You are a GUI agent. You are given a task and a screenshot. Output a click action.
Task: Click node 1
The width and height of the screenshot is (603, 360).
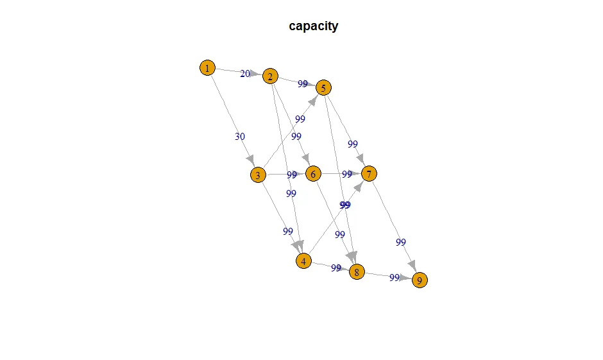(207, 67)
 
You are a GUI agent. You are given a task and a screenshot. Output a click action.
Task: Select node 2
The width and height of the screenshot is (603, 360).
(270, 77)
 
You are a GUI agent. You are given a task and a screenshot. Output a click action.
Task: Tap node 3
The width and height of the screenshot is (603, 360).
(258, 175)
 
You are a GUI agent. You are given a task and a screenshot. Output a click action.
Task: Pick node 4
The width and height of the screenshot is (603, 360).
(303, 261)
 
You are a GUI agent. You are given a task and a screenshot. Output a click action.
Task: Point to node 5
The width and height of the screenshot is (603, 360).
(324, 87)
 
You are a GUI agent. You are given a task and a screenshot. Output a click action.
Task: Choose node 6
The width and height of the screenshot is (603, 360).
(313, 174)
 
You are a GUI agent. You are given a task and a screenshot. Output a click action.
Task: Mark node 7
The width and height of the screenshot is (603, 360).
(369, 173)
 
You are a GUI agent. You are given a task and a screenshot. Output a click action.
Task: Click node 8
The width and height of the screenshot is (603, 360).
(357, 272)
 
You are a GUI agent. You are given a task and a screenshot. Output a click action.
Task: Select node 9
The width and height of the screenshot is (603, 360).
(420, 280)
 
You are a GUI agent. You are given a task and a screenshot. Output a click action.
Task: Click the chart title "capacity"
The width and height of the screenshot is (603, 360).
(314, 26)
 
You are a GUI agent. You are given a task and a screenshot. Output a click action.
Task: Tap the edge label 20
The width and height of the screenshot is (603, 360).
(245, 74)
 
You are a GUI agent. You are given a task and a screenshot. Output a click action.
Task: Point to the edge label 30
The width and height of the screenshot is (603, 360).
(240, 136)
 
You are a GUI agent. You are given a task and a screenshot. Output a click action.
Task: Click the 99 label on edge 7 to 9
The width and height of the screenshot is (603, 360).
(401, 242)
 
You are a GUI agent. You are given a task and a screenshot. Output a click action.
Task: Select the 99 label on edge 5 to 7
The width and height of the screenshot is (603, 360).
(352, 144)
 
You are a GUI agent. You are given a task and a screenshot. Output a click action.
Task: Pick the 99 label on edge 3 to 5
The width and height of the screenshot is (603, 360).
(300, 119)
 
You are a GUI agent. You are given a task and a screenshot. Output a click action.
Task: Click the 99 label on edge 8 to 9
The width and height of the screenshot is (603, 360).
(394, 277)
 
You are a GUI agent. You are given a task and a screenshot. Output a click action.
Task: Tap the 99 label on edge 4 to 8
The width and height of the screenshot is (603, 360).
(335, 268)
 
